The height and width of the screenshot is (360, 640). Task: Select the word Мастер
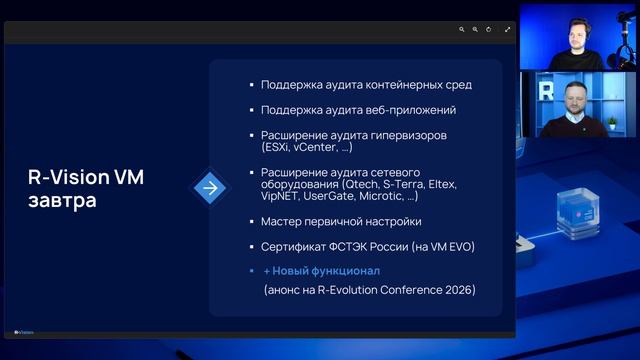point(282,221)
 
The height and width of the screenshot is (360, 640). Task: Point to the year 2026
point(458,290)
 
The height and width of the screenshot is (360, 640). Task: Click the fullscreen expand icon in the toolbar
point(508,30)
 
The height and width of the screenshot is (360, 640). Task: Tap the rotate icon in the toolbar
point(489,30)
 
